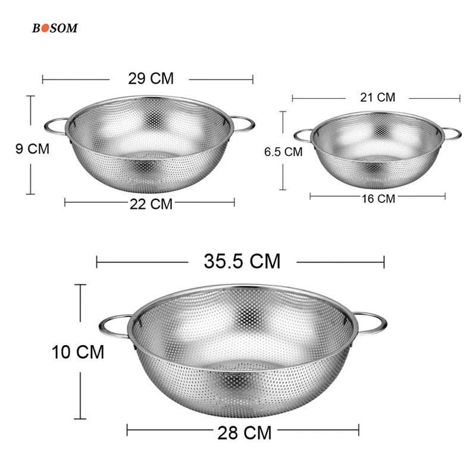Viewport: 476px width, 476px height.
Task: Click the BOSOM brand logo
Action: tap(55, 28)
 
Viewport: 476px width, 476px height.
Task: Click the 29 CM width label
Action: tap(151, 79)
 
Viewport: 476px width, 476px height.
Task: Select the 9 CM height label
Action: tap(32, 149)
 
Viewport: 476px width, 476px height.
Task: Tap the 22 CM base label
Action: tap(151, 203)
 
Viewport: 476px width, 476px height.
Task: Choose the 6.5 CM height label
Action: tap(283, 152)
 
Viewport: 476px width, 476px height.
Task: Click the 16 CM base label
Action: tap(378, 198)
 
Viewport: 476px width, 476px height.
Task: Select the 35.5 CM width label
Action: tap(242, 261)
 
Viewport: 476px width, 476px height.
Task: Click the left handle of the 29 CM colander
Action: tap(55, 126)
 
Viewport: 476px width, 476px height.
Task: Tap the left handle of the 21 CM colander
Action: tap(302, 135)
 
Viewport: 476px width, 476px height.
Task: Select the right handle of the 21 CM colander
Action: tap(452, 133)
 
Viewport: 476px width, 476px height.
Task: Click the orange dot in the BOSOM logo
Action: tap(43, 28)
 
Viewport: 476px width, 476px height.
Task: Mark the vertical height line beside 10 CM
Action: tap(80, 393)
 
